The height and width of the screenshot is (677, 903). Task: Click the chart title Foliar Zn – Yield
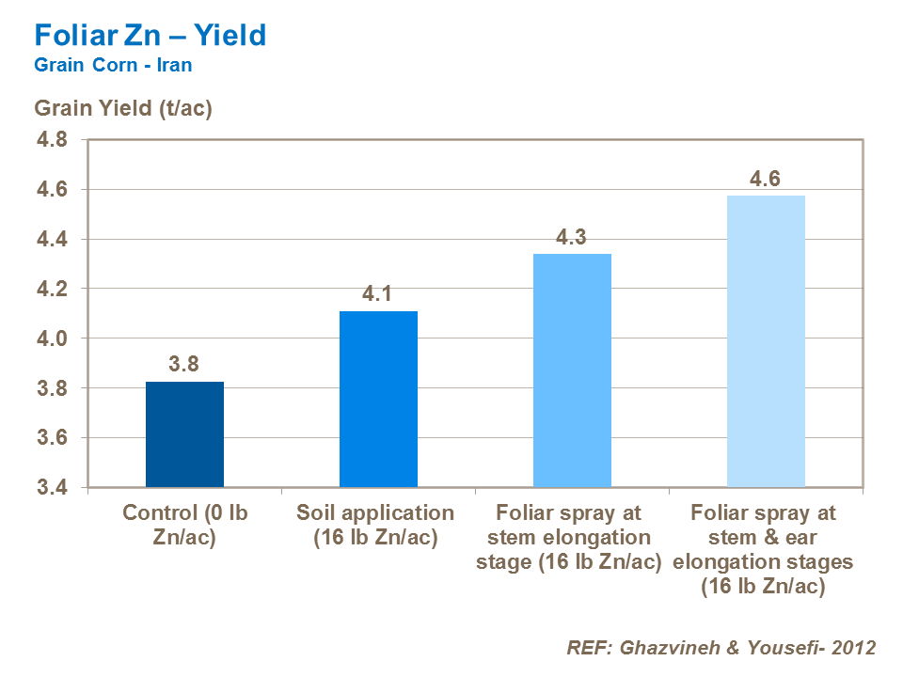pos(150,36)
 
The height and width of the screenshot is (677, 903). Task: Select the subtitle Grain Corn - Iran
pos(113,66)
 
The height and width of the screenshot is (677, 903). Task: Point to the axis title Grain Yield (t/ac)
pos(123,108)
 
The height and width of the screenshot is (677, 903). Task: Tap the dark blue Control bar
pos(184,434)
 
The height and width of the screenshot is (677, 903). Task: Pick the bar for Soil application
pos(378,399)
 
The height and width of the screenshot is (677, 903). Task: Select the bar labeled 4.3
pos(572,370)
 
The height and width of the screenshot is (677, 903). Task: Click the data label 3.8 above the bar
pos(184,364)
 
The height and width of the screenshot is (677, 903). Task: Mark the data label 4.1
pos(378,293)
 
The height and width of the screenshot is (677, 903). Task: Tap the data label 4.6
pos(766,179)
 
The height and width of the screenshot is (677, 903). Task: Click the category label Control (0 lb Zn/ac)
pos(184,526)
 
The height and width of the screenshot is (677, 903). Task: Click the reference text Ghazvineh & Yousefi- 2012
pos(721,648)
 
